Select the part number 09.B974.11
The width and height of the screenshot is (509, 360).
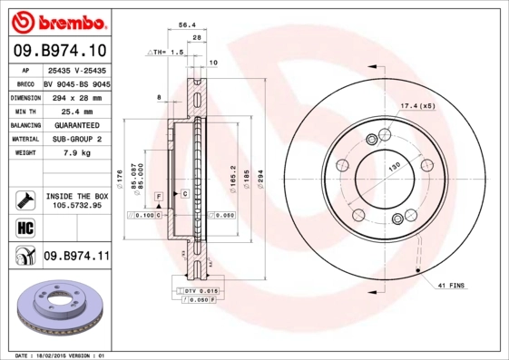pos(76,258)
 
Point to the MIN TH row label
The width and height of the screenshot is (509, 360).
pos(24,110)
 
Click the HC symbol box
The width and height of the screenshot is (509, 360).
pos(24,227)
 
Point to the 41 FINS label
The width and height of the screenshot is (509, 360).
pos(451,286)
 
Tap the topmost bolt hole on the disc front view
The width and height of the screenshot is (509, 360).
pos(373,139)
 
